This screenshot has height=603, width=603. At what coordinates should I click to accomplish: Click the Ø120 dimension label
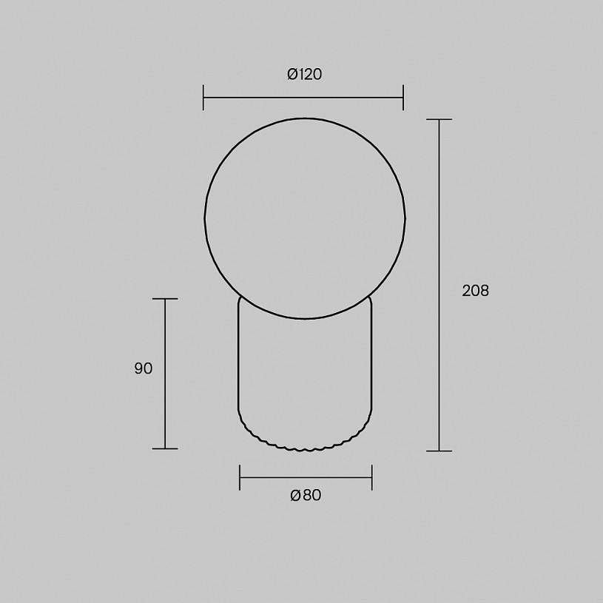pos(304,74)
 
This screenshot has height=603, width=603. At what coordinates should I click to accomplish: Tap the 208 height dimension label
pos(475,291)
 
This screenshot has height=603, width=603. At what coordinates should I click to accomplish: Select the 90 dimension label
pos(144,368)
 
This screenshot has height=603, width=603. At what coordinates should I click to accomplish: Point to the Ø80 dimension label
pos(306,495)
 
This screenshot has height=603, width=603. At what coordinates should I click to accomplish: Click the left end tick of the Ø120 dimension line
pos(203,98)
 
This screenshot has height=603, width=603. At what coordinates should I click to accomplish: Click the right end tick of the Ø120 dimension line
pos(403,98)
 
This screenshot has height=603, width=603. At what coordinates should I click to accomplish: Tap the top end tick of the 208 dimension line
pos(439,120)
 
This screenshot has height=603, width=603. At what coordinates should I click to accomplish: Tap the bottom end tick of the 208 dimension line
pos(439,451)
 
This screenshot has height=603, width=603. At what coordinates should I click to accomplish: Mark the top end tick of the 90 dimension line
pos(165,299)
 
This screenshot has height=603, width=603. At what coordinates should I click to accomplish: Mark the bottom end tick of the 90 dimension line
pos(165,448)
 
